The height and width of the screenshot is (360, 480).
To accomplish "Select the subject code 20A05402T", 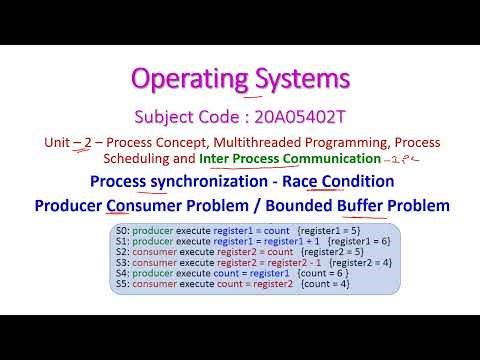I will [x=304, y=114].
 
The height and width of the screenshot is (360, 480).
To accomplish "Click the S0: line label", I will [x=123, y=230].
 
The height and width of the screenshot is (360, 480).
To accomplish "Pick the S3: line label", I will [x=123, y=262].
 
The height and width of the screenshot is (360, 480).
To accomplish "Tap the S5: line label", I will [x=123, y=284].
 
